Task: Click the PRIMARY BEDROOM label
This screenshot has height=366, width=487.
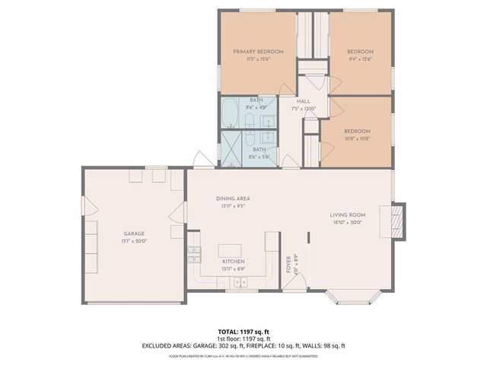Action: point(258,51)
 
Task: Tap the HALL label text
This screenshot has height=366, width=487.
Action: point(303,101)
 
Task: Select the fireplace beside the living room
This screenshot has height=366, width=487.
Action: point(397,220)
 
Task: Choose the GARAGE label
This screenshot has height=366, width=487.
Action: point(135,233)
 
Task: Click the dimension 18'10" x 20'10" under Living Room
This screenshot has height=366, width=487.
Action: point(348,223)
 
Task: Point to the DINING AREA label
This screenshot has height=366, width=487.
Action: point(233,198)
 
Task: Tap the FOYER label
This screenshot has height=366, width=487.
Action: point(288,264)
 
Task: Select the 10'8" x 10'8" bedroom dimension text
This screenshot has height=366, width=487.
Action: point(356,138)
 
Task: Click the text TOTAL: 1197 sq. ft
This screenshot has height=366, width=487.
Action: point(243,331)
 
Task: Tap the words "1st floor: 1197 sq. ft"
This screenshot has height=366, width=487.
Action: point(243,338)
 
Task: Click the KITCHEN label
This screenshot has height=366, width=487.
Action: point(233,262)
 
